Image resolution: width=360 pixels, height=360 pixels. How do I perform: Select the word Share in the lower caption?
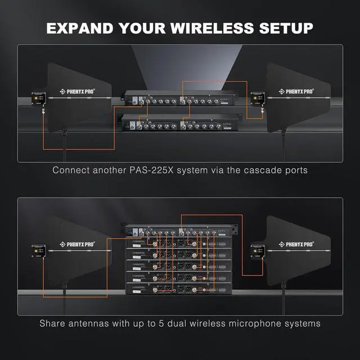click(x=53, y=323)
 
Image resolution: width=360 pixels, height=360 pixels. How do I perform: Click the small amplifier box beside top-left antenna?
click(x=39, y=98)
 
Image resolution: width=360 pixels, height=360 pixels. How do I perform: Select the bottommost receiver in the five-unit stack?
click(x=179, y=288)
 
